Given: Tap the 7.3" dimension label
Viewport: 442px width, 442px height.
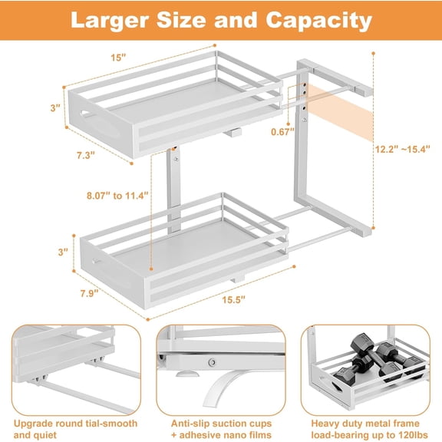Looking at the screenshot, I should pyautogui.click(x=86, y=155).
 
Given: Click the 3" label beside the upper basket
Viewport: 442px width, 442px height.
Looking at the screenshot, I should pyautogui.click(x=56, y=109).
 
